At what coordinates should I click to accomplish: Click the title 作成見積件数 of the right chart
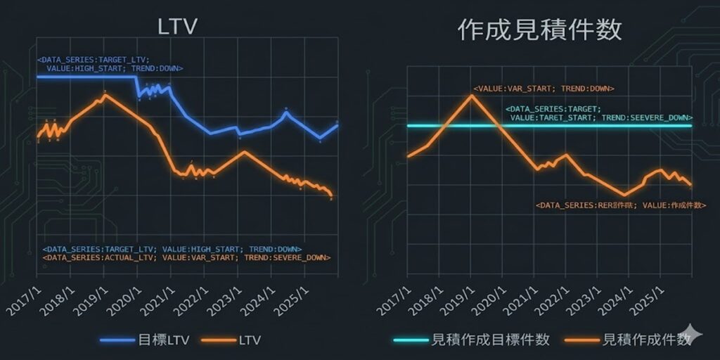pyautogui.click(x=539, y=29)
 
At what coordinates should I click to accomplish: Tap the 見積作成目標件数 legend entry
pyautogui.click(x=478, y=340)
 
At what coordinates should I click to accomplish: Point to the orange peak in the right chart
pyautogui.click(x=471, y=95)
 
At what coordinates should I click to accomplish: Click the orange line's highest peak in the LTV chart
pyautogui.click(x=104, y=94)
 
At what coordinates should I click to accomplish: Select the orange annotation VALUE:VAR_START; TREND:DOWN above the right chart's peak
pyautogui.click(x=544, y=89)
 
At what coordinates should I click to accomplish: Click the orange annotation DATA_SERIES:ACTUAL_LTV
pyautogui.click(x=186, y=258)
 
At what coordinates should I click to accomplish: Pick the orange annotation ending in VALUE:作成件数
pyautogui.click(x=611, y=205)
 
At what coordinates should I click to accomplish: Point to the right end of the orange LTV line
pyautogui.click(x=331, y=195)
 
